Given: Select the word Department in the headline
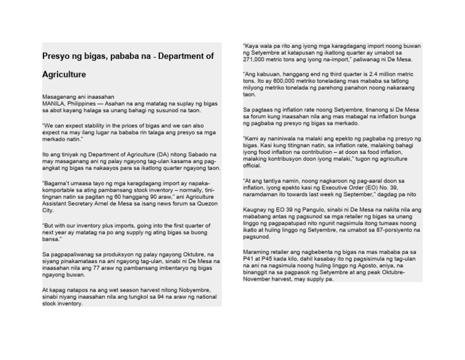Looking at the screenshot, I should [183, 56].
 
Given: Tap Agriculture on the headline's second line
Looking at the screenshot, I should [64, 75].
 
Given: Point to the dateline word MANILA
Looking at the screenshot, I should [54, 103].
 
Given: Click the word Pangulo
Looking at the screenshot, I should [298, 210].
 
